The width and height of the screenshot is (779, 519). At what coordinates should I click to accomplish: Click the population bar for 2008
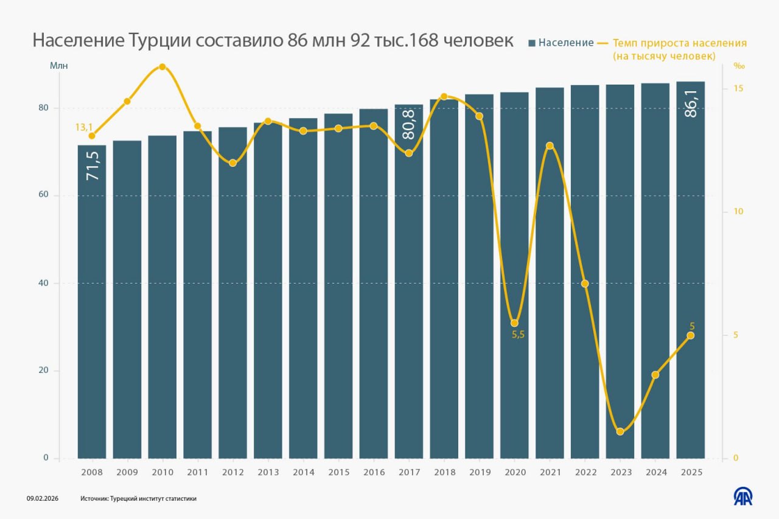tap(91, 304)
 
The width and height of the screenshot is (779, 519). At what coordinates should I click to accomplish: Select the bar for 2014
tap(303, 292)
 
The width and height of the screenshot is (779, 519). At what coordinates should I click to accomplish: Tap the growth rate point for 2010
tap(162, 67)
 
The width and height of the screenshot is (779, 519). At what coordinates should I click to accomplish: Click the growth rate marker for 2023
tap(620, 431)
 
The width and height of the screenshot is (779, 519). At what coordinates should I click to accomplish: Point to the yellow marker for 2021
tap(550, 145)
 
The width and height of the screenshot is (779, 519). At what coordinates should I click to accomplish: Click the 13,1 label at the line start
tap(84, 127)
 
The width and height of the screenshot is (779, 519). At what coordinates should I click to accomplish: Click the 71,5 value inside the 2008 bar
tap(92, 165)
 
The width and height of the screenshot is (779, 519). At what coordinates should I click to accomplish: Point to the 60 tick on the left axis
tap(44, 195)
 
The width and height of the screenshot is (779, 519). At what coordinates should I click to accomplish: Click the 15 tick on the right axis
tap(738, 89)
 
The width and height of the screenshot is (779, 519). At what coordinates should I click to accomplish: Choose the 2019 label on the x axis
tap(480, 472)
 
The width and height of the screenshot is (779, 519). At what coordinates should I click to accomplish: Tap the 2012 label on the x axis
tap(232, 472)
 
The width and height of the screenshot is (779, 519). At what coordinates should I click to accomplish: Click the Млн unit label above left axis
tap(59, 65)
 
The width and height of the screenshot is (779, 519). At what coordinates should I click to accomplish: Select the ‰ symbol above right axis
tap(739, 66)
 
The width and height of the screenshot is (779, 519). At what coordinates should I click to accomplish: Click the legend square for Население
tap(532, 43)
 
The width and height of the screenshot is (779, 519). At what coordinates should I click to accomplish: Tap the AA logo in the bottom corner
tap(742, 496)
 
